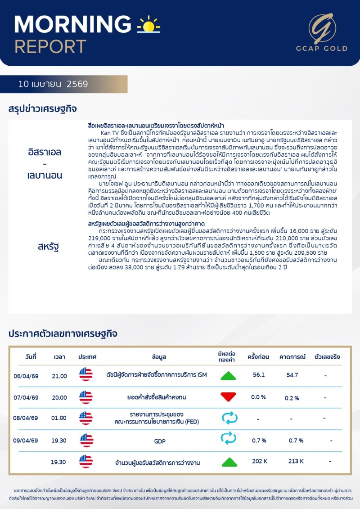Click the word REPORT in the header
point(50,46)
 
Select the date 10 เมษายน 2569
point(53,84)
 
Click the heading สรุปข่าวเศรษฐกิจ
point(43,109)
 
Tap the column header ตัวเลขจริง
point(327,357)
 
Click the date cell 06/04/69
point(26,376)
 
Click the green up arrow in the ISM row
point(228,375)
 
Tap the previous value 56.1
point(259,374)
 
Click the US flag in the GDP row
point(85,440)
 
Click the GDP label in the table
point(160,441)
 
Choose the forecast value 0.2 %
point(292,398)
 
